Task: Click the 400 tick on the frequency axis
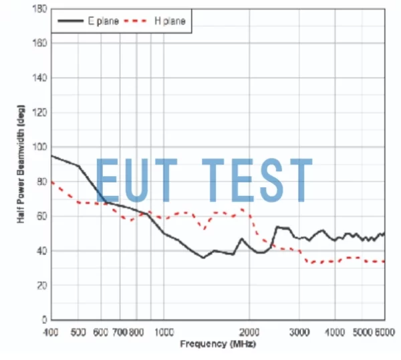[51, 332]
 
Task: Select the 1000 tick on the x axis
[164, 332]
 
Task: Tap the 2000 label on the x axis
[249, 332]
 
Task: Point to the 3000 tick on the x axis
[299, 332]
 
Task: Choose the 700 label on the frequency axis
[120, 332]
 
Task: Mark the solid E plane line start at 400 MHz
[52, 156]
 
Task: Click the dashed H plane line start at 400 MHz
[52, 181]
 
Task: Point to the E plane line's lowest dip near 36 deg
[203, 258]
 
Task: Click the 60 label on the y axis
[42, 216]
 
